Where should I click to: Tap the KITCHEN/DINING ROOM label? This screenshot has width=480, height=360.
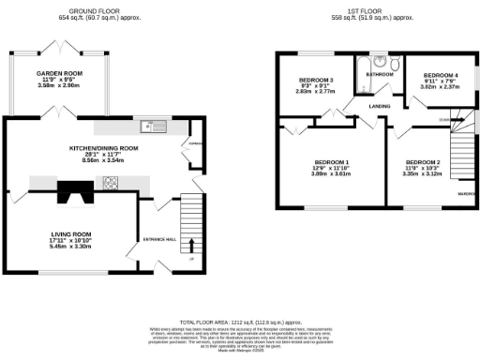(x=103, y=148)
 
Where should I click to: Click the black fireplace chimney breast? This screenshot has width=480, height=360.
(x=71, y=192)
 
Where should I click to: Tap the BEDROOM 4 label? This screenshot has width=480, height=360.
(x=441, y=74)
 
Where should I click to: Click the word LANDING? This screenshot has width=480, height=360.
(x=379, y=106)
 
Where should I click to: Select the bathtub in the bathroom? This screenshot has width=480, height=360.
(x=364, y=79)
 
